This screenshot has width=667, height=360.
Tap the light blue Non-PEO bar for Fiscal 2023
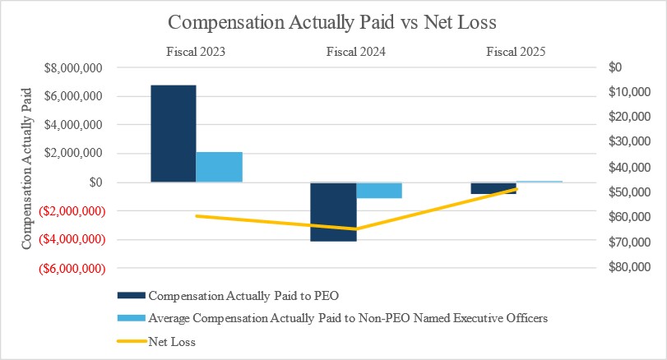(x=219, y=167)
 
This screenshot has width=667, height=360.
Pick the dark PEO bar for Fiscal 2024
(x=333, y=211)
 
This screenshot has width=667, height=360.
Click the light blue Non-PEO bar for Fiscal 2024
(x=379, y=190)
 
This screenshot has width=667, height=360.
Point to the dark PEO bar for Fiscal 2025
(x=493, y=188)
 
